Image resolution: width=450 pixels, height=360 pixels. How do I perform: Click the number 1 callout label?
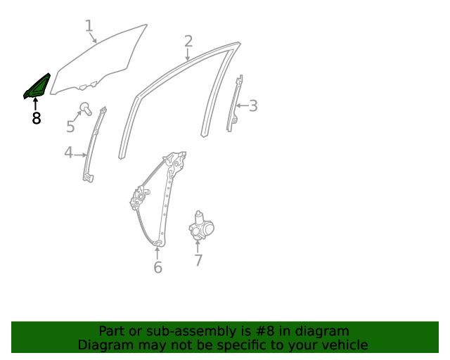[x=89, y=26]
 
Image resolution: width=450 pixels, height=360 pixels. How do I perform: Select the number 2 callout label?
[x=188, y=41]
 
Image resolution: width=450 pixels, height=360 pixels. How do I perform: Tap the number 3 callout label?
[x=253, y=106]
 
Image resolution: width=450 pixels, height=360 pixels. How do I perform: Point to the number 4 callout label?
[x=68, y=153]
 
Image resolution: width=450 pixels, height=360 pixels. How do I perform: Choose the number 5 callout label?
[x=70, y=127]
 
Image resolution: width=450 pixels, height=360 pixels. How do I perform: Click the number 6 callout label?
[x=157, y=267]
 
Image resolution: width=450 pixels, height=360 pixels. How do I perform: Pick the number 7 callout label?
[x=198, y=261]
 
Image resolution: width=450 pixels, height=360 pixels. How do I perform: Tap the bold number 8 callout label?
[x=36, y=119]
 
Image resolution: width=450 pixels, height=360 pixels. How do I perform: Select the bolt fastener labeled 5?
[x=85, y=109]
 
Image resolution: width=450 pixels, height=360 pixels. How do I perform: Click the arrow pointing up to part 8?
[x=35, y=104]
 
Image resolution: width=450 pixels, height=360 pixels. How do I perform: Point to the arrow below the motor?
[x=198, y=245]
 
